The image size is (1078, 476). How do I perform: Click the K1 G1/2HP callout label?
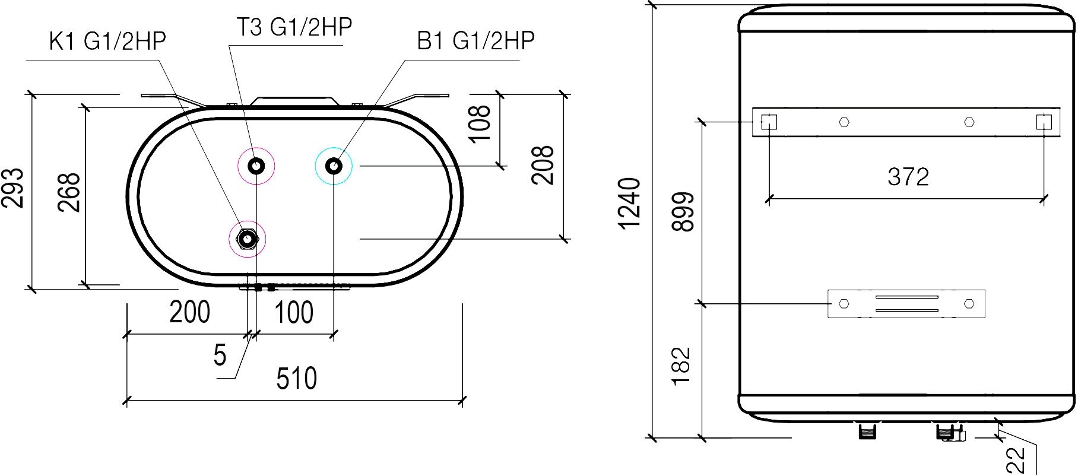click(x=107, y=42)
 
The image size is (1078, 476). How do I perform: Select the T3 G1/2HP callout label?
click(x=294, y=27)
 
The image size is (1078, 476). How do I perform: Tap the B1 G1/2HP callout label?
click(x=476, y=41)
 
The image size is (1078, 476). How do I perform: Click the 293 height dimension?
click(x=13, y=188)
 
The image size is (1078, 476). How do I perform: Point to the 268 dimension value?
click(x=69, y=192)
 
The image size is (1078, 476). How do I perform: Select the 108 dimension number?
click(x=480, y=123)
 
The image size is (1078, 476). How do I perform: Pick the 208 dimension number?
click(x=542, y=165)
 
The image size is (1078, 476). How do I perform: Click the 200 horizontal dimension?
click(x=190, y=312)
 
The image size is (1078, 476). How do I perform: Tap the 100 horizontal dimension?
click(x=294, y=312)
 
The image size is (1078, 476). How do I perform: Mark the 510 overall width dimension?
click(x=297, y=379)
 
